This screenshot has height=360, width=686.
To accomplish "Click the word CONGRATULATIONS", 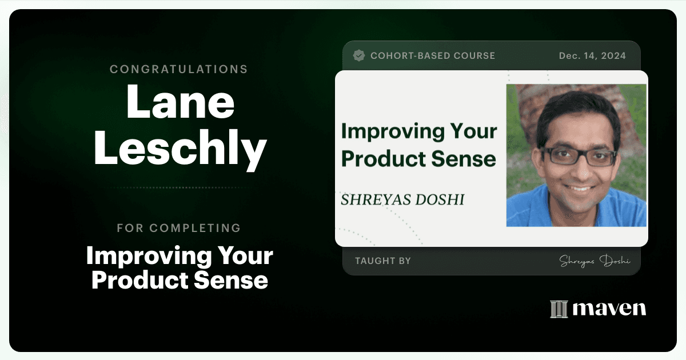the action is point(178,69).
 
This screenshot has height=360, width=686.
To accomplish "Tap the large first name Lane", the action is point(180,102).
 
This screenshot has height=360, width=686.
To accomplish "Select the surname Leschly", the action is point(180,149).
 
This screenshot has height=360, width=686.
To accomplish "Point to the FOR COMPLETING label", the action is point(178,228).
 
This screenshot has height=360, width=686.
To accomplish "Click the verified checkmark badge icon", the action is point(358,55).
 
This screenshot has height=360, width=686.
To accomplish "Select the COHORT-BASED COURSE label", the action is point(433,56).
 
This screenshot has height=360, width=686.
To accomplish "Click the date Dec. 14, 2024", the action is point(592,56).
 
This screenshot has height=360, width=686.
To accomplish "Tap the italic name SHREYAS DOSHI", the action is point(402,199).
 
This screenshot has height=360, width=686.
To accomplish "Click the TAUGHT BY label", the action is point(383,261).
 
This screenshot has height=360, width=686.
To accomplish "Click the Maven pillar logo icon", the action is point(559,309).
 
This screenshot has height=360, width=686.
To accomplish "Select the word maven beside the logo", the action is point(609,309).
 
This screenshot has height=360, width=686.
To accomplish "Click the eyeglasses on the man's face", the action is point(579,156).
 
